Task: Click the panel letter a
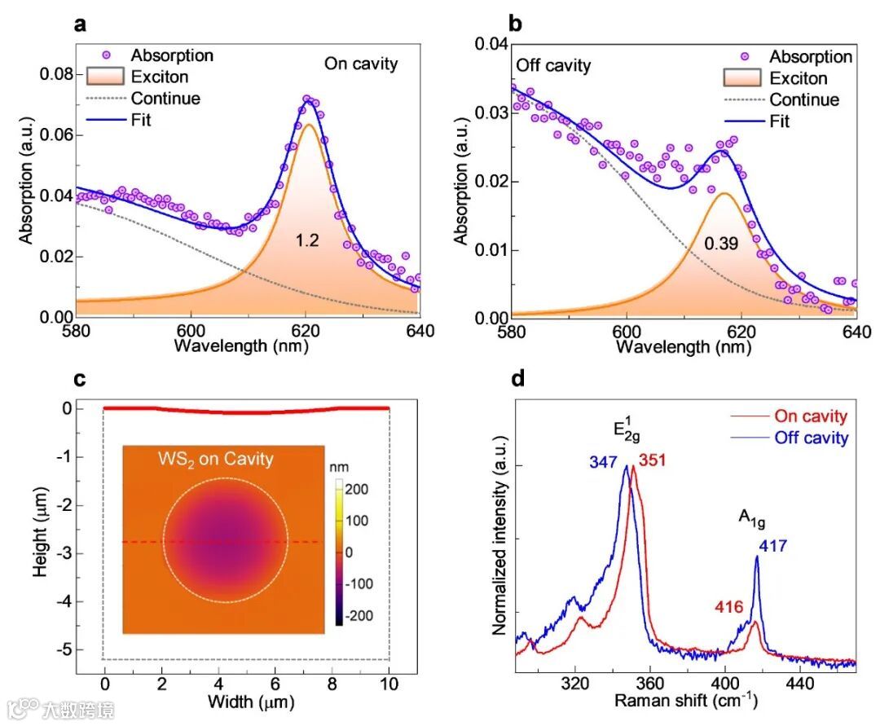coord(80,24)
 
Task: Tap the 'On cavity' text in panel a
coord(361,64)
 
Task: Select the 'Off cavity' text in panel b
coord(552,65)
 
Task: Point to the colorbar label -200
coord(358,615)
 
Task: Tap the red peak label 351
coord(653,460)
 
